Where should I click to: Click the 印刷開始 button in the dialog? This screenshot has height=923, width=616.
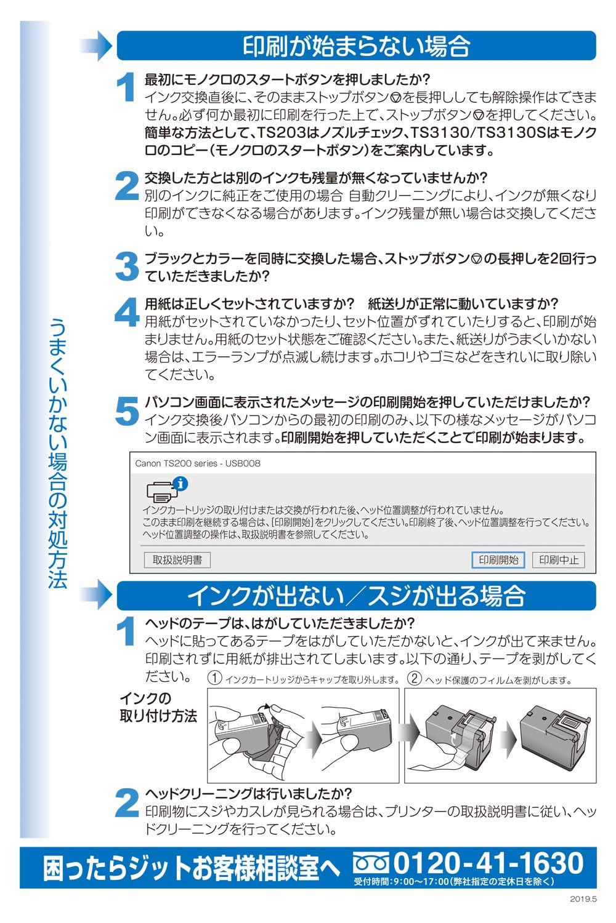[x=498, y=559]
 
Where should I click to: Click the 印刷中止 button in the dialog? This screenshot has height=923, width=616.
[x=559, y=559]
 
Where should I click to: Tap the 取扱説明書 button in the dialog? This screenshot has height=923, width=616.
[x=177, y=559]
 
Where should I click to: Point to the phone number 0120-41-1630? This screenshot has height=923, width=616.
[x=488, y=863]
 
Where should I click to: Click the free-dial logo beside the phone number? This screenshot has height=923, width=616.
[x=371, y=863]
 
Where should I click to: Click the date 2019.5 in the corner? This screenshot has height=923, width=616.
[x=583, y=899]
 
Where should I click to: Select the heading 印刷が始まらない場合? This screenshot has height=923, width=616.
[x=357, y=46]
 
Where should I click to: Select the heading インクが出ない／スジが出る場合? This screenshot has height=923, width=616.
[x=357, y=596]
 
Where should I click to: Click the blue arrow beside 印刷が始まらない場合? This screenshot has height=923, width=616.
[x=95, y=46]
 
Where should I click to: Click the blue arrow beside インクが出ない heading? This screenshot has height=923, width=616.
[x=95, y=596]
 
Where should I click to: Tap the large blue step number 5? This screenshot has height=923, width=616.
[x=127, y=410]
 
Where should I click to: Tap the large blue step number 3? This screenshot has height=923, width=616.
[x=127, y=266]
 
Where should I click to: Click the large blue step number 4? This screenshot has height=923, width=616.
[x=127, y=312]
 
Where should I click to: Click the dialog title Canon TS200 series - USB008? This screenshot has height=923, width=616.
[x=198, y=463]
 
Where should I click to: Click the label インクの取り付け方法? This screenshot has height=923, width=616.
[x=158, y=707]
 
